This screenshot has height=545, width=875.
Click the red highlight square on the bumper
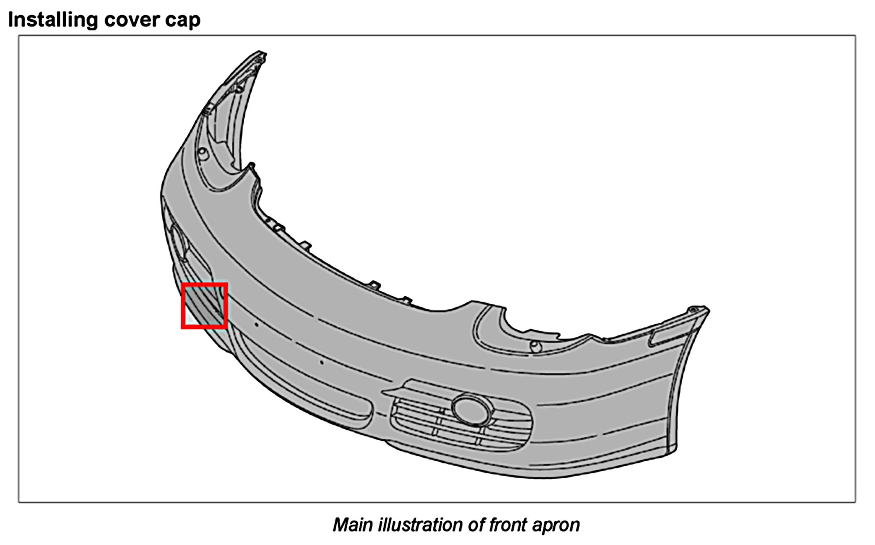pos(204,306)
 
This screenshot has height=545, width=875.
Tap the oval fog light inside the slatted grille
pos(471,409)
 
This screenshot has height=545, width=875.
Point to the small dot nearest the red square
pos(256,324)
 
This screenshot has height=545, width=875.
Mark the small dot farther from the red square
pos(321,362)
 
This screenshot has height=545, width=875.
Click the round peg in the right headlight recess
pos(535,346)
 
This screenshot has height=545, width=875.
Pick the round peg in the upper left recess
pos(202,154)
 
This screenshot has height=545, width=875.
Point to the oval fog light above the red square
pos(179,242)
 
